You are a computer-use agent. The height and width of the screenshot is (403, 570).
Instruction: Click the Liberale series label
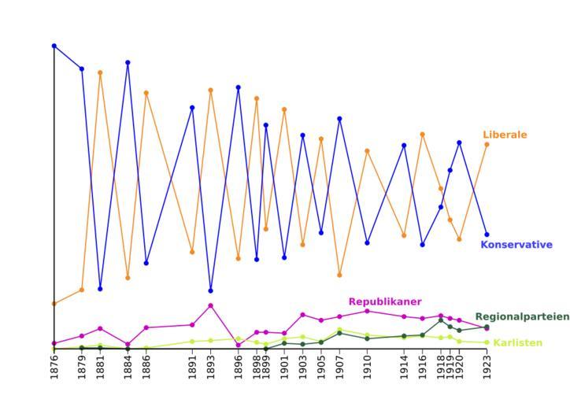coord(505,135)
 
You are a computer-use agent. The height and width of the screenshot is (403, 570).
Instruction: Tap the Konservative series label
coord(516,245)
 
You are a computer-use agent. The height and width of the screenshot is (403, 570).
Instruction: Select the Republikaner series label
coord(384,301)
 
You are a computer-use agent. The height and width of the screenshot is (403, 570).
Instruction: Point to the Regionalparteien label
coord(521,316)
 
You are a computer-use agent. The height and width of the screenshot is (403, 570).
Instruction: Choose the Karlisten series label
coord(517,343)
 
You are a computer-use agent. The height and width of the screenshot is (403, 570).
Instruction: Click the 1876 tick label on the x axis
coord(54,367)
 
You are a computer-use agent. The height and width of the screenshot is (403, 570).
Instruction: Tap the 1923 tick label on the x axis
coord(487,367)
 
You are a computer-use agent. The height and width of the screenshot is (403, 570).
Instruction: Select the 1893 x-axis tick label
coord(211,367)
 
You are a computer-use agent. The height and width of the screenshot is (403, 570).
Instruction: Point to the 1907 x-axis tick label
coord(339,367)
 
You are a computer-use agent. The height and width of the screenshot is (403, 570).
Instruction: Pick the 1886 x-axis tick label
coord(146,367)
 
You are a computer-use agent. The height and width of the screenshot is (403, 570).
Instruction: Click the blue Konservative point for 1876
coord(54,46)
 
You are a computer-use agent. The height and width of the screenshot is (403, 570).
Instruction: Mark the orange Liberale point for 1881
coord(100,72)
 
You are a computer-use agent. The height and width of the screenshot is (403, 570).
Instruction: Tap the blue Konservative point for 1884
coord(128,62)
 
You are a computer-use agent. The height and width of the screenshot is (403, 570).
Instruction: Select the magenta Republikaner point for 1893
coord(211,305)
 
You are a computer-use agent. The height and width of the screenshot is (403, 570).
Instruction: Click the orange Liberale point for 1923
coord(487,144)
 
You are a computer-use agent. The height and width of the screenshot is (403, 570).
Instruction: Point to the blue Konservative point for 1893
coord(211,290)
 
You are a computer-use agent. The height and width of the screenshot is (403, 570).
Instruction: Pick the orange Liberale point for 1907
coord(339,275)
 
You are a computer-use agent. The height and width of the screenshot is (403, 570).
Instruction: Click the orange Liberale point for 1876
coord(54,303)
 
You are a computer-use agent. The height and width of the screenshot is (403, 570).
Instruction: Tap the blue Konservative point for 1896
coord(238,87)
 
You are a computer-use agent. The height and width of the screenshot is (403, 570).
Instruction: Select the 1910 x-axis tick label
coord(367,367)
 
